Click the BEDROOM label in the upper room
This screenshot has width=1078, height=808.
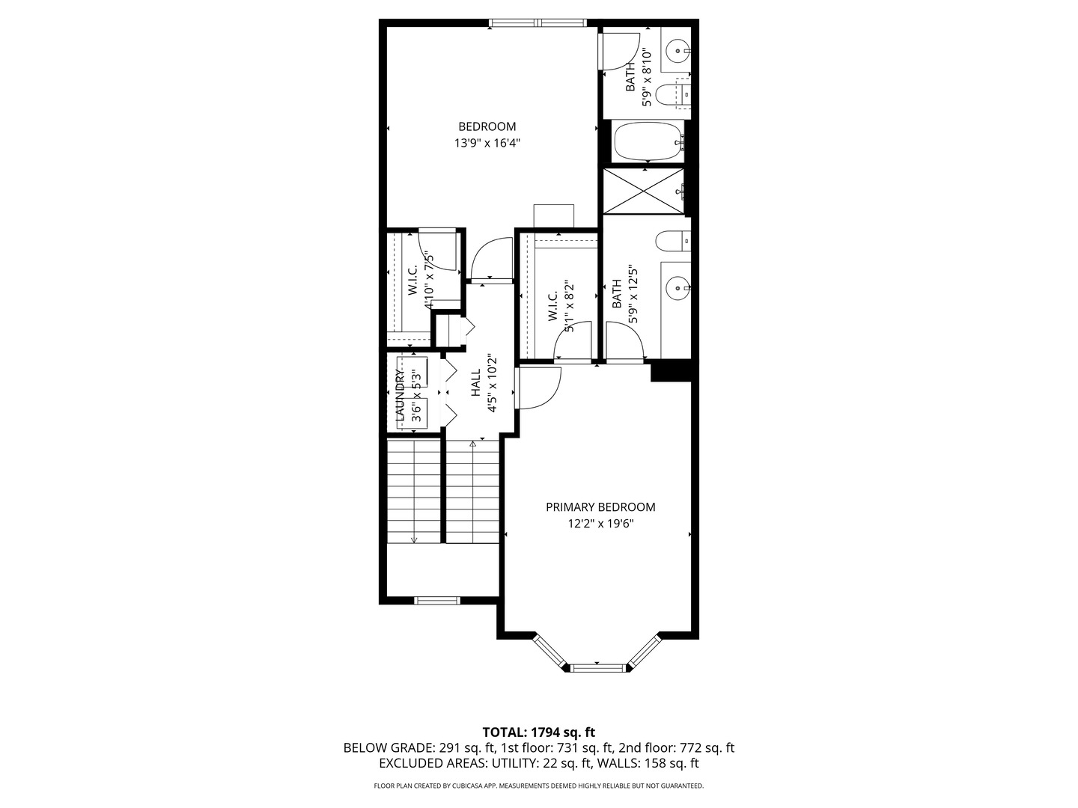coord(487,126)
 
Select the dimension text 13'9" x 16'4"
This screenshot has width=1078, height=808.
coord(487,143)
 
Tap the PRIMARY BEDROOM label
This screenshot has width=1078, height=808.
coord(600,507)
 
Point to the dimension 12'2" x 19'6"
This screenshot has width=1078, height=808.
coord(600,524)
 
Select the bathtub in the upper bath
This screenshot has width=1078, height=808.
coord(647,141)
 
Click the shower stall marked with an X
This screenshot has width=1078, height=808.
coord(643,192)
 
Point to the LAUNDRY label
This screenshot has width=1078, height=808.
coord(400,396)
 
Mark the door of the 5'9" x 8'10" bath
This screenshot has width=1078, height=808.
coord(620,50)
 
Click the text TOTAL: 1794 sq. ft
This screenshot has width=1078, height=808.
coord(538,732)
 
